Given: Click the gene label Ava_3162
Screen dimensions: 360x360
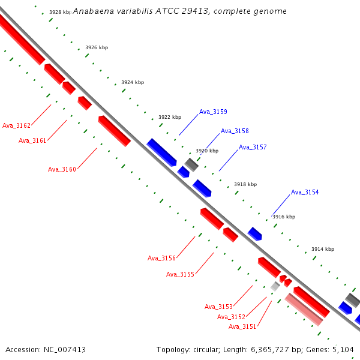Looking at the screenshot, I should (16, 125).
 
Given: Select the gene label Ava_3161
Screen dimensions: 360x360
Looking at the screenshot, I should (32, 140).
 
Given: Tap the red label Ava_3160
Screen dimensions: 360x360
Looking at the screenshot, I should (62, 169).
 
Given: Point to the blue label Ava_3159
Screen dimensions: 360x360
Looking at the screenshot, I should (213, 112).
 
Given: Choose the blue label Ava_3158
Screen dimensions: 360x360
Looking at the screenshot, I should (235, 131).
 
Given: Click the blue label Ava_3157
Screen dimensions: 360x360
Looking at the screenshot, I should (253, 147).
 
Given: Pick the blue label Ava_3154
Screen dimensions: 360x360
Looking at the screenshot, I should (305, 192).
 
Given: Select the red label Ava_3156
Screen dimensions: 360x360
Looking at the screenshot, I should (161, 258).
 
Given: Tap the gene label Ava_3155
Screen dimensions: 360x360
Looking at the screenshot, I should (180, 274).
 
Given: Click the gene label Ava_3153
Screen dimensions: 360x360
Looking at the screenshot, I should (218, 307).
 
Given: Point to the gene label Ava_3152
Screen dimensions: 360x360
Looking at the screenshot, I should (231, 317).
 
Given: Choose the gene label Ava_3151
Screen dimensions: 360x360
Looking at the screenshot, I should (242, 326).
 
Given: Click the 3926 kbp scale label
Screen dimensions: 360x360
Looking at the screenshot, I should (97, 47).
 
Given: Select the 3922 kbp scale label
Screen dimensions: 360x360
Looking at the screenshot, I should (170, 117).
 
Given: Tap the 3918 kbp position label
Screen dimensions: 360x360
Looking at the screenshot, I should (245, 184).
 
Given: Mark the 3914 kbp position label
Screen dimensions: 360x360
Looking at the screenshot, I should (323, 249).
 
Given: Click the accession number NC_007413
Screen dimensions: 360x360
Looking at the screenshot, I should (65, 349).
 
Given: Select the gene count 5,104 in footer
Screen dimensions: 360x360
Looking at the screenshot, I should (343, 349).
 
